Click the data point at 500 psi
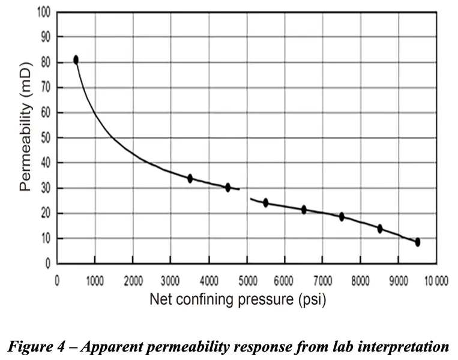76,59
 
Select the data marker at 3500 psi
190,178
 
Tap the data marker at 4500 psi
227,187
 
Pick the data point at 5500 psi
265,203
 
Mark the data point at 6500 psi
304,209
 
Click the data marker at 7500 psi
342,217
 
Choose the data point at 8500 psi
379,229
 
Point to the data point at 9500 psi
417,242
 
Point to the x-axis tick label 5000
246,279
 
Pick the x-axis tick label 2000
133,279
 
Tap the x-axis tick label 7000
322,279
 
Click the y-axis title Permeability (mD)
25,137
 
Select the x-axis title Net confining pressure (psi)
238,300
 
